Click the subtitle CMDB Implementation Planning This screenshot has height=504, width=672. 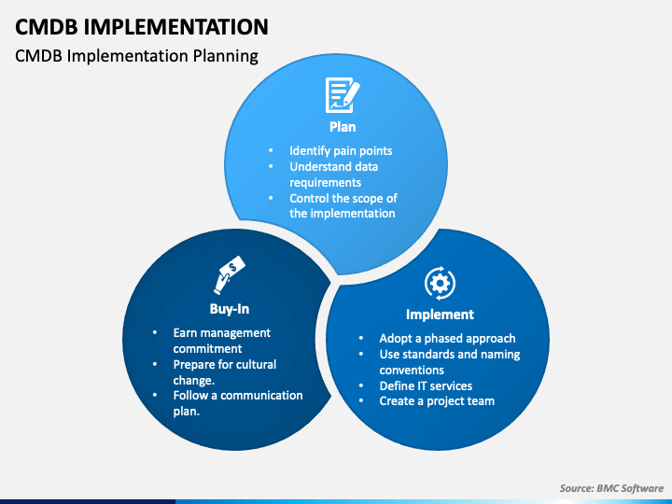pos(136,56)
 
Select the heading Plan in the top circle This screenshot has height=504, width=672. pos(342,127)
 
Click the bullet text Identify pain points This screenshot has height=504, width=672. pos(340,150)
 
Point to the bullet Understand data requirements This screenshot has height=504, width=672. pos(333,175)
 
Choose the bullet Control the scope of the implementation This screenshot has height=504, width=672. pos(342,205)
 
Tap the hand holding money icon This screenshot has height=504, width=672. pos(228,275)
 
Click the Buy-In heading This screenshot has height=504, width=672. pos(229,308)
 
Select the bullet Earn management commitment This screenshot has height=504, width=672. pos(221,341)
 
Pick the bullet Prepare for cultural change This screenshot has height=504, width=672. pos(224,371)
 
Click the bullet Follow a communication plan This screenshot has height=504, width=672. pos(237,402)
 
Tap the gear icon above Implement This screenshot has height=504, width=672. pos(440,282)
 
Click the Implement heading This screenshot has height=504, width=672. pos(440,315)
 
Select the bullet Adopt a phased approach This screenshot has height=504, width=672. pos(447,338)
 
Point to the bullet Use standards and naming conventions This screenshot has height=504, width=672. pos(449,362)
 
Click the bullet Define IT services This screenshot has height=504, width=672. pos(426,385)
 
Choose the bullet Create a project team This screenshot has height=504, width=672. pos(436,400)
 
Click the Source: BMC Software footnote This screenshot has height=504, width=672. pos(610,488)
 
